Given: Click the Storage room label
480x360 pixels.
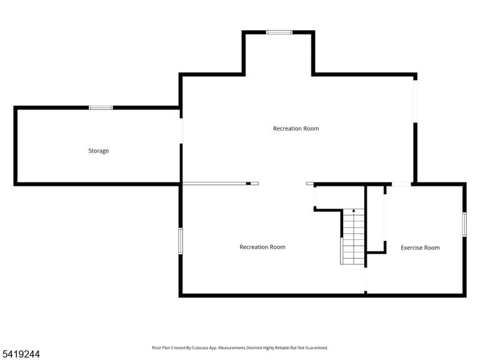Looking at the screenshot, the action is click(99, 151).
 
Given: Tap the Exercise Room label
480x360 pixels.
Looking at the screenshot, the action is click(420, 247).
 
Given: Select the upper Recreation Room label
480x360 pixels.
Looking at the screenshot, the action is click(296, 129).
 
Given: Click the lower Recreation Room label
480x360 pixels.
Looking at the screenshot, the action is click(262, 247).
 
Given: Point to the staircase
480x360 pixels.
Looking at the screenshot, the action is click(353, 237).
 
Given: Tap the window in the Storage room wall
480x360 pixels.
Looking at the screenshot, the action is click(101, 107).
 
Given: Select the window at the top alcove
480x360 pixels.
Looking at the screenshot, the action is click(279, 32).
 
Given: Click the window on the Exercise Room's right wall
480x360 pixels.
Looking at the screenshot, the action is click(464, 224).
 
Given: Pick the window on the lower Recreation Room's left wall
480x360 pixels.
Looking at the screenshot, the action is click(181, 241).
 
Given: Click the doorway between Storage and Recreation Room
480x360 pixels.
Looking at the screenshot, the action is click(181, 131).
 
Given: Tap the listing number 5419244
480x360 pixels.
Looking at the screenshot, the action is click(20, 354).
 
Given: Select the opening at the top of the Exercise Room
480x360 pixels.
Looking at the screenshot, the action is click(401, 184).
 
